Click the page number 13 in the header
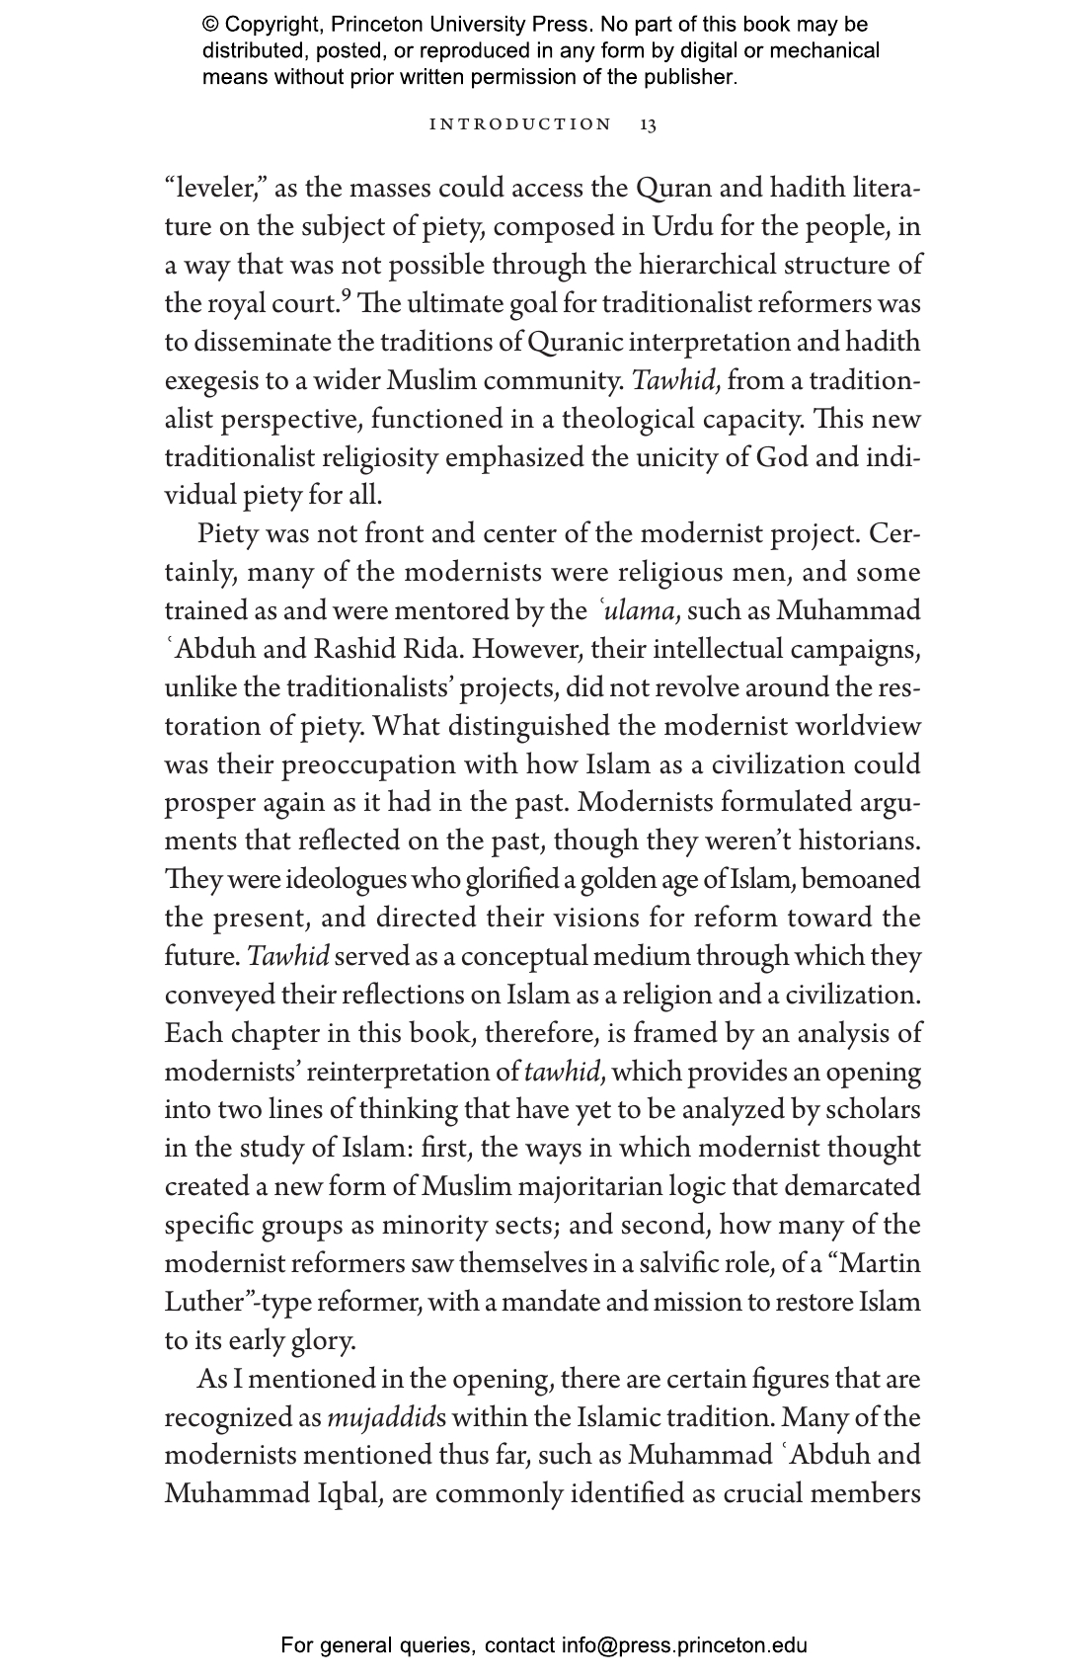[648, 124]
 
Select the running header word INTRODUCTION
[520, 124]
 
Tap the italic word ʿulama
[636, 610]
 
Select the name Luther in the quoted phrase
[203, 1302]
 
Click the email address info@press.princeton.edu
[684, 1645]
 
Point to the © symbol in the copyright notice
[210, 25]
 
